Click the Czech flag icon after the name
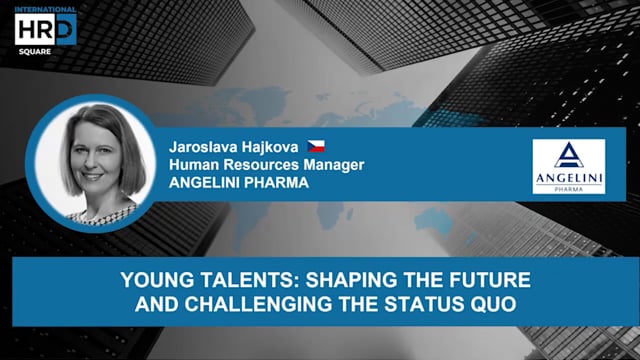[315, 147]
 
